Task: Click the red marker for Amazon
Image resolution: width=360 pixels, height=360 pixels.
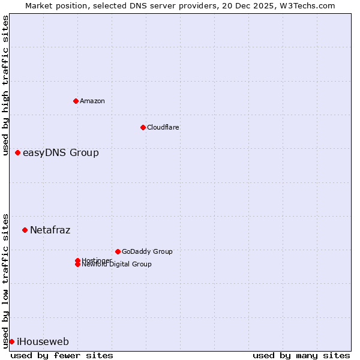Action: tap(76, 101)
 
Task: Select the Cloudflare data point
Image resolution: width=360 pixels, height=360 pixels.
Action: tap(143, 127)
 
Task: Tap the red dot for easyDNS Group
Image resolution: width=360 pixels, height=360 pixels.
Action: tap(18, 152)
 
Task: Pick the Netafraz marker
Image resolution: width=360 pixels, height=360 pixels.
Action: tap(25, 230)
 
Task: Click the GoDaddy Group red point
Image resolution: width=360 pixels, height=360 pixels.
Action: tap(118, 251)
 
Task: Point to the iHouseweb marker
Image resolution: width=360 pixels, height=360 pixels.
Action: tap(11, 341)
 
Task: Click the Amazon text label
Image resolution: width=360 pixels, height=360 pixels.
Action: tap(92, 101)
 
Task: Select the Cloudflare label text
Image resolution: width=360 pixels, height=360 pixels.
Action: tap(163, 127)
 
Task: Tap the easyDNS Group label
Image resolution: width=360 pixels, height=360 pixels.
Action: tap(61, 152)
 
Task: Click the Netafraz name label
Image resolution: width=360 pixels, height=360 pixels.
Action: tap(50, 230)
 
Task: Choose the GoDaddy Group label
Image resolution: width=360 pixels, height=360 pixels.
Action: tap(147, 251)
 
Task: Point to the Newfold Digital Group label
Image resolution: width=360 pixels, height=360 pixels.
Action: tap(117, 265)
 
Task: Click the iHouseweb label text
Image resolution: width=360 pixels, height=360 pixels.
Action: tap(43, 342)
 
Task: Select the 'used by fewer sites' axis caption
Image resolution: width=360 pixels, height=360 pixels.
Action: tap(62, 355)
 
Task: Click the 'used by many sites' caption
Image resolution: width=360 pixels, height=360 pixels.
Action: tap(301, 355)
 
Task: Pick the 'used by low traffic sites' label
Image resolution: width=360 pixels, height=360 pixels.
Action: tap(5, 280)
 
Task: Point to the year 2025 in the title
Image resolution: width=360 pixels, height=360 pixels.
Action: tap(265, 5)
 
